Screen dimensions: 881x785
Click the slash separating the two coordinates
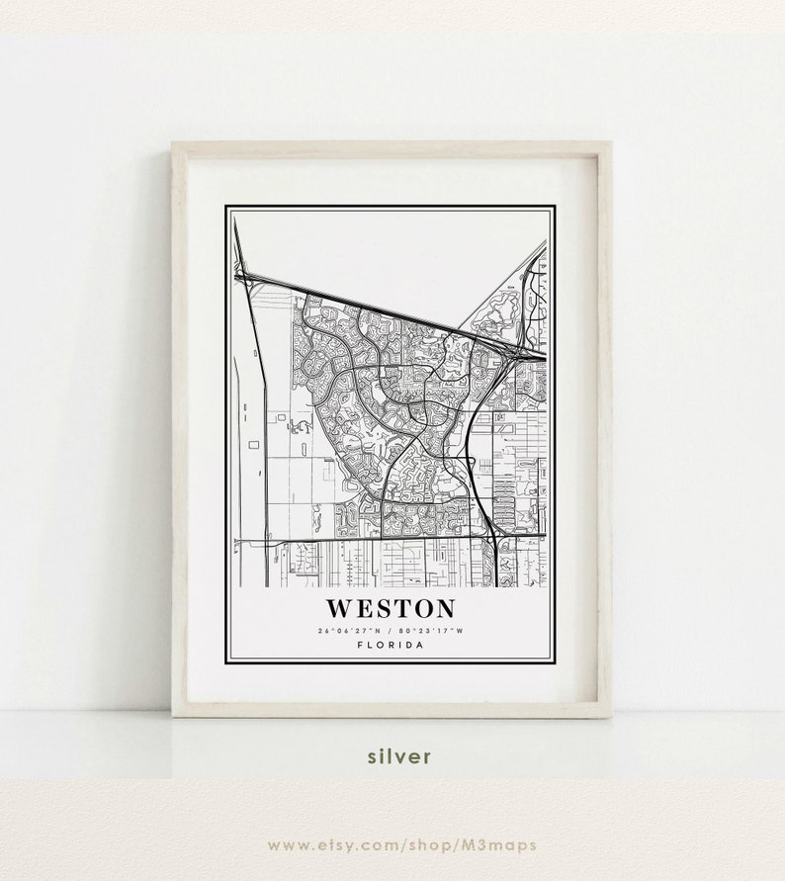tap(389, 630)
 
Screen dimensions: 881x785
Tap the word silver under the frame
tap(398, 756)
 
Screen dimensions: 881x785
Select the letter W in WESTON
tap(337, 608)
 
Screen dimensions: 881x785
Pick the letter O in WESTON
tap(420, 608)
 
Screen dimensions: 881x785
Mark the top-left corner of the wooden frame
tap(174, 144)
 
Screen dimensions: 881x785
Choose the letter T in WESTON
tap(398, 608)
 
